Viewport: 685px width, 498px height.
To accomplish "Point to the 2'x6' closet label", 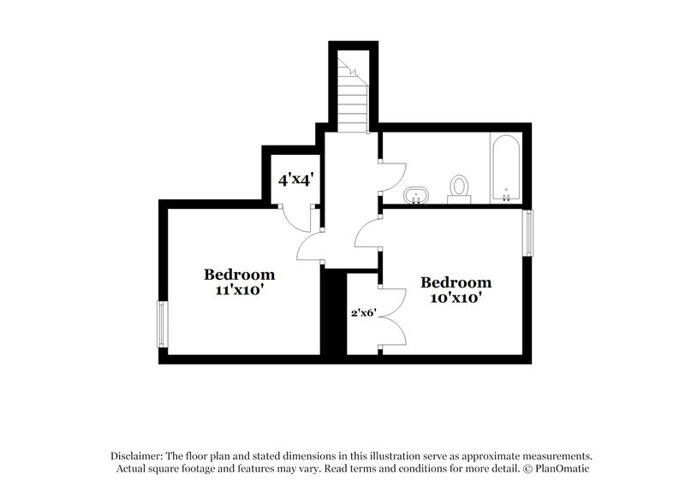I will pyautogui.click(x=363, y=313).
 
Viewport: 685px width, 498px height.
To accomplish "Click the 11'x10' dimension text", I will pyautogui.click(x=239, y=289).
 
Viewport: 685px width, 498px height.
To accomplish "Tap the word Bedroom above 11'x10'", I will pyautogui.click(x=239, y=275).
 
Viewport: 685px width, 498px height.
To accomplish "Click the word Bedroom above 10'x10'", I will pyautogui.click(x=456, y=282).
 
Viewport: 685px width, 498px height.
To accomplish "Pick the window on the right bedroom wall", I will pyautogui.click(x=529, y=233).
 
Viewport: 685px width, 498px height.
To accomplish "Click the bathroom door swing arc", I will pyautogui.click(x=390, y=175).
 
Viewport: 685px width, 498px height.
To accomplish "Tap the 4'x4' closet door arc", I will pyautogui.click(x=301, y=219).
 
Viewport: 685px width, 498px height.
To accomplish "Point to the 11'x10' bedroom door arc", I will pyautogui.click(x=308, y=248).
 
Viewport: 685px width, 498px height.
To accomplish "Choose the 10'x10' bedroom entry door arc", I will pyautogui.click(x=368, y=234).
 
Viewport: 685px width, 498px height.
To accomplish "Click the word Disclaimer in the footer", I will pyautogui.click(x=136, y=456).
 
